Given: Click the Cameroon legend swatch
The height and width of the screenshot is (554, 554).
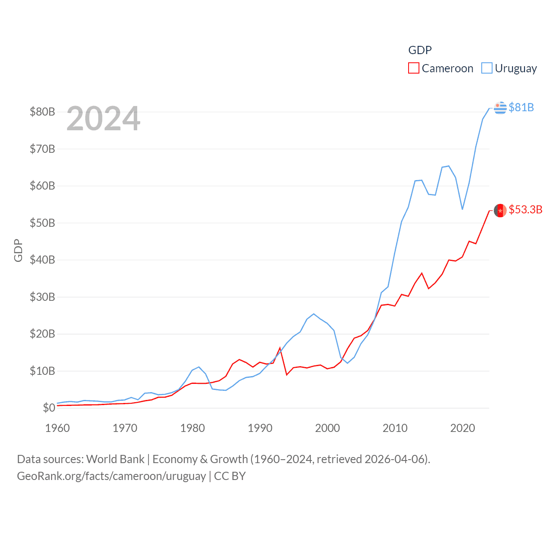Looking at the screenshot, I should (x=414, y=68).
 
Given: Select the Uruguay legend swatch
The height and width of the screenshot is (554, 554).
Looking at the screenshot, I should (x=487, y=68).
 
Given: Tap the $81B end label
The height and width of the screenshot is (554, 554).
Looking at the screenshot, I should (x=521, y=107).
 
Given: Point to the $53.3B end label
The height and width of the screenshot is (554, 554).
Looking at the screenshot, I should (x=525, y=210).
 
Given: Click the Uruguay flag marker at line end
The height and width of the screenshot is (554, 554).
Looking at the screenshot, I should (x=500, y=107).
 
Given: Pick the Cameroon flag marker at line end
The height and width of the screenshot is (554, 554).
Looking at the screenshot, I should (x=500, y=210).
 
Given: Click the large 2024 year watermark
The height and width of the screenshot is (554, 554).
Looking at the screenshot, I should (x=103, y=119).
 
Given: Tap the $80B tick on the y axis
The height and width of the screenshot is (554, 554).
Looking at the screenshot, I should (x=42, y=112).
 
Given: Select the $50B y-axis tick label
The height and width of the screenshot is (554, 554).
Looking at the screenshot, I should (x=42, y=223).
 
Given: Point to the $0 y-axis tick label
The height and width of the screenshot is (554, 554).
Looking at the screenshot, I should (x=49, y=408).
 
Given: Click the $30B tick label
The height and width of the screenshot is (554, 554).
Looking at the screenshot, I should (x=42, y=297).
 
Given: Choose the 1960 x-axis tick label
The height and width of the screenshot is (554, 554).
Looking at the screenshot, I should (x=58, y=428).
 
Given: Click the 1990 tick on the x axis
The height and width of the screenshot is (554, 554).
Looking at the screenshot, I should (x=260, y=428).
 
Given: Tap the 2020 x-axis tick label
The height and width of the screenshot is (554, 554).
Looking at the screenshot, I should (x=463, y=428).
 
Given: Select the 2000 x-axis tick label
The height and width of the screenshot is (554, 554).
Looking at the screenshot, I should (x=328, y=428).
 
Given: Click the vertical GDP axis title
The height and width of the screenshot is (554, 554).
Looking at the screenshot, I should (x=18, y=250).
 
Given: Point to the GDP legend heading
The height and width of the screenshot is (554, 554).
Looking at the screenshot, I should (x=420, y=50).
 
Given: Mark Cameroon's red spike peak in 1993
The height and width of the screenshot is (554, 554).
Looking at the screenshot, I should (x=280, y=348).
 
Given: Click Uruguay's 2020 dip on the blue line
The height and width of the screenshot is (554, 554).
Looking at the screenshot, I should (x=462, y=209).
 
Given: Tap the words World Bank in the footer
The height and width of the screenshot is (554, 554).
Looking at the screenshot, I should (x=116, y=459).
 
